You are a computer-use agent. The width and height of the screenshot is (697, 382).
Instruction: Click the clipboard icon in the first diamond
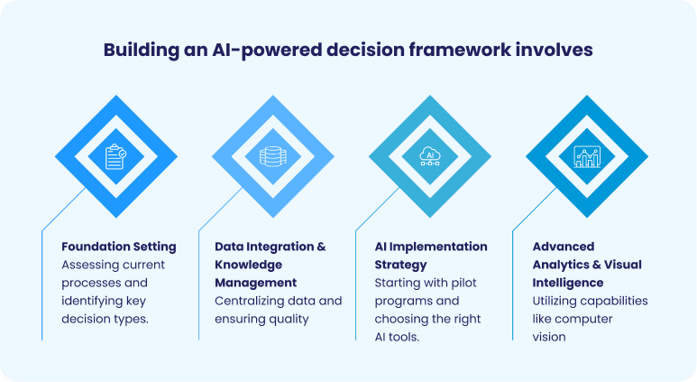(115, 156)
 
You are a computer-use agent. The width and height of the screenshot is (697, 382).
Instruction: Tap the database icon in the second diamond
(271, 156)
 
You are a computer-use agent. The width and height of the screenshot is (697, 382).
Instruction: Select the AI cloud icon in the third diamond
(429, 156)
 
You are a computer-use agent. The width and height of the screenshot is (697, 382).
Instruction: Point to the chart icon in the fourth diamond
(586, 156)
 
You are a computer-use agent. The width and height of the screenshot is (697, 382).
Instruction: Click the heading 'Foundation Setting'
(118, 247)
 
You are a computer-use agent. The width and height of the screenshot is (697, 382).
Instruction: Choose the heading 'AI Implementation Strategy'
(431, 256)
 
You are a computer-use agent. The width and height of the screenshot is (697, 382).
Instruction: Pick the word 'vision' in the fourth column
(549, 337)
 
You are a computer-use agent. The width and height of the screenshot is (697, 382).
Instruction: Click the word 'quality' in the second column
(288, 319)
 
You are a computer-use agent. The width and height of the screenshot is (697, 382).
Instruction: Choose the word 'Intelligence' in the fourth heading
(568, 283)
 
